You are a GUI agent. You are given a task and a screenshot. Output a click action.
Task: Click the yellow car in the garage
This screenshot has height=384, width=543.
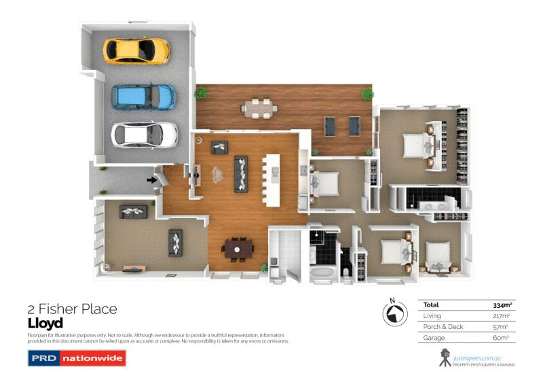point(136,49)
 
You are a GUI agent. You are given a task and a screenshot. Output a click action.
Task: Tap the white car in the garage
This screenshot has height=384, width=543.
point(144,134)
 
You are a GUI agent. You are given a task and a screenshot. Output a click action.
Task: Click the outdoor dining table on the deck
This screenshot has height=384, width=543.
point(261,107)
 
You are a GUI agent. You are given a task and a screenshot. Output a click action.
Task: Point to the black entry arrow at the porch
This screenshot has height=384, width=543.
point(151,179)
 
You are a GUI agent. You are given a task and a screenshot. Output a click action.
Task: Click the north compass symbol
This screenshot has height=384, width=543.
point(392,313)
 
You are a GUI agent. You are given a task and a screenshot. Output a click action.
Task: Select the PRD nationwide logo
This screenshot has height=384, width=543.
point(77,358)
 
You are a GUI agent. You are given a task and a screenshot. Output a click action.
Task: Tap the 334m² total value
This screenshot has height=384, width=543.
point(500,305)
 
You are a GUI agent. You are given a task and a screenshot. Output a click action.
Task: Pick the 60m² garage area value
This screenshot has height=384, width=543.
point(501,337)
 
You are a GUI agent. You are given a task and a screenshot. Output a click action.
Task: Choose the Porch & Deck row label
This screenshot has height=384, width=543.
point(443,327)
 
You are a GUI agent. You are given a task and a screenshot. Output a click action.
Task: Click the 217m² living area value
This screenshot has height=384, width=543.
point(501,316)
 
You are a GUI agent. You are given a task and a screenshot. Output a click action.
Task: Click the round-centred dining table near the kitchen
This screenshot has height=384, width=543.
point(238,249)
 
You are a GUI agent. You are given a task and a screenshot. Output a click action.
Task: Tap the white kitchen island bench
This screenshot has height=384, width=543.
point(273,180)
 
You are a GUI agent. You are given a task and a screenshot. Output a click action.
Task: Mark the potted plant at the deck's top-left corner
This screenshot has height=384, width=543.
point(201,92)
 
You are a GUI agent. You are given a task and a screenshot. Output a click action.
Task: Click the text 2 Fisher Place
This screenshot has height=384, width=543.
point(72,309)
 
